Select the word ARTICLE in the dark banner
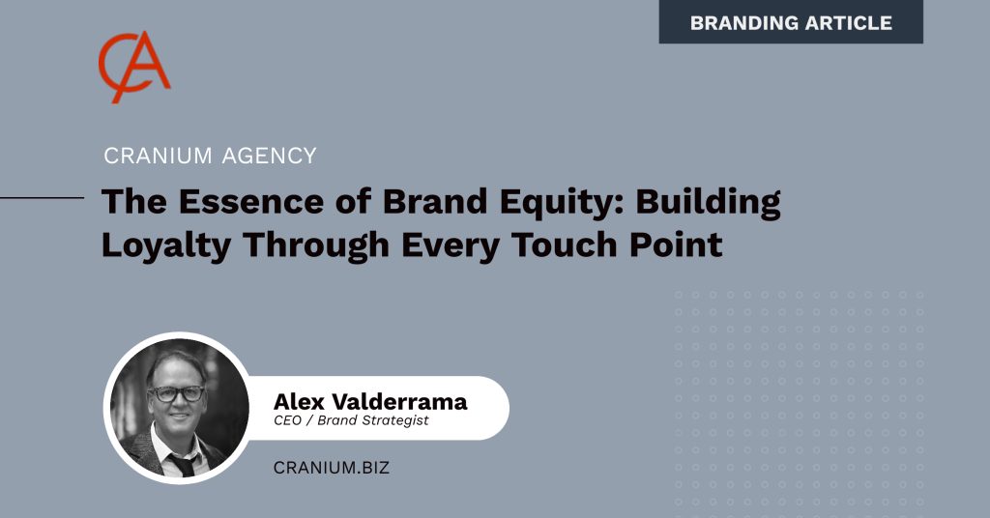[x=840, y=23]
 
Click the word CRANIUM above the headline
[x=158, y=156]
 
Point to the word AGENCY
[x=269, y=156]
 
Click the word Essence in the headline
[x=251, y=201]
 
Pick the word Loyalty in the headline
[x=166, y=246]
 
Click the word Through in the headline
[x=316, y=246]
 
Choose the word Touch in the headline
[x=565, y=245]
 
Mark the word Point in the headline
[x=676, y=245]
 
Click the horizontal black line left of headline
[x=42, y=197]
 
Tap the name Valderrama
[x=399, y=401]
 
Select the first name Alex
[x=299, y=401]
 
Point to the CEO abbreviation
[x=288, y=420]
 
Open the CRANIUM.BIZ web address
[x=332, y=468]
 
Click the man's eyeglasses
[x=177, y=393]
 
